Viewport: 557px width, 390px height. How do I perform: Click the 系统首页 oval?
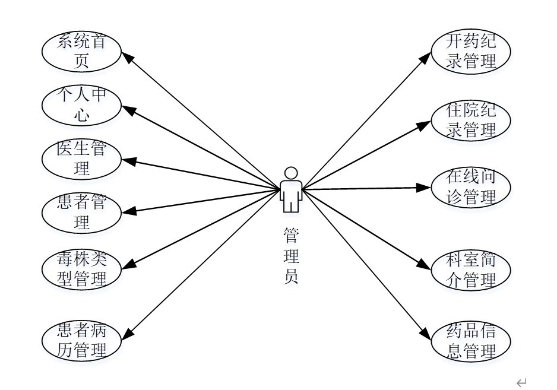point(81,52)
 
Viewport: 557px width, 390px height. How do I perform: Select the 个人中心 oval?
point(81,106)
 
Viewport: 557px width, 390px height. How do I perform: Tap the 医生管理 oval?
point(81,159)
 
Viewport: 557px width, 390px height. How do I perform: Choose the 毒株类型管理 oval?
point(81,269)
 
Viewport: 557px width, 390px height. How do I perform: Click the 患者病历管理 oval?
point(81,341)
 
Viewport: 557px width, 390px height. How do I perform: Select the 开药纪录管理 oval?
point(471,52)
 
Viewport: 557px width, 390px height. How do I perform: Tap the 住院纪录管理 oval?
point(471,121)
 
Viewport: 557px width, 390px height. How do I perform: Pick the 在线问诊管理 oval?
point(471,188)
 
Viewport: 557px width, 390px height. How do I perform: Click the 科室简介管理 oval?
point(471,270)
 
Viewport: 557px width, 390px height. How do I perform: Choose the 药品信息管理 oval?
point(471,341)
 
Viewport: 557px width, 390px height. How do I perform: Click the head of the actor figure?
point(291,173)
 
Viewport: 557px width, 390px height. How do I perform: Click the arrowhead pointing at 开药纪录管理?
point(426,56)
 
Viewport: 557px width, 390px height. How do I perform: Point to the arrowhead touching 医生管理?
point(126,161)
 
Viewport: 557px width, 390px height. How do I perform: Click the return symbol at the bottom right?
point(521,383)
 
